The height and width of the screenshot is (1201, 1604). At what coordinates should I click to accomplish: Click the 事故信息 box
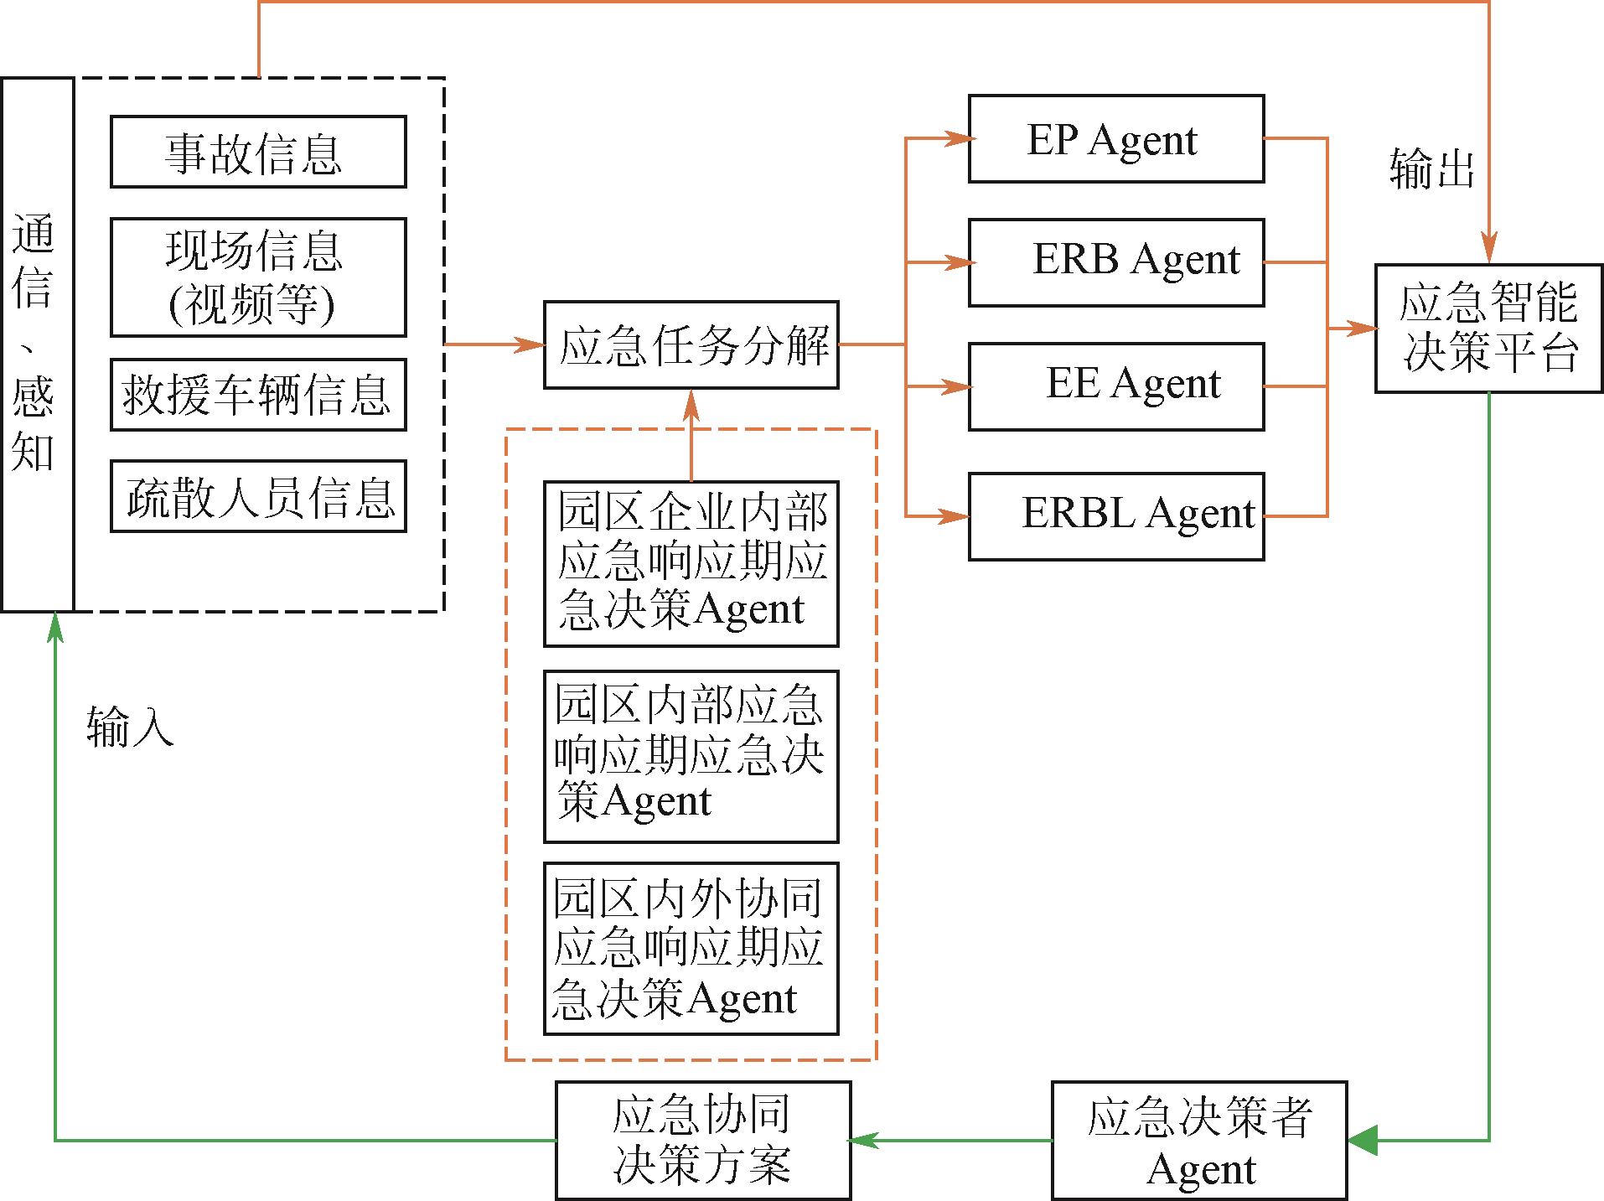(258, 152)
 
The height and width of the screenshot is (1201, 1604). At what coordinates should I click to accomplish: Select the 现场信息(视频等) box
(258, 277)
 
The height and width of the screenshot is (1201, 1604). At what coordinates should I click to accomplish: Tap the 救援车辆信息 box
(258, 395)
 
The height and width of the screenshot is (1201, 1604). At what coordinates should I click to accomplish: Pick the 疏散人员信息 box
(258, 496)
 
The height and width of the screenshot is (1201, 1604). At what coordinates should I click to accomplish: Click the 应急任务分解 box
(691, 344)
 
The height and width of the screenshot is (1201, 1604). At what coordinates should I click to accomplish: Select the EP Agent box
(1116, 139)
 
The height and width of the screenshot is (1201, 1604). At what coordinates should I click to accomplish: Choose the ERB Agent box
(1116, 262)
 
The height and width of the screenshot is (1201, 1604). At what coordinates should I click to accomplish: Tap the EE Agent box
(1116, 386)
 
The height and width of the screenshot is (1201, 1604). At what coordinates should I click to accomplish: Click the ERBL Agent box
(1116, 516)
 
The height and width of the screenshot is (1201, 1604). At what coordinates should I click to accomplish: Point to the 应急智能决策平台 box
(1488, 328)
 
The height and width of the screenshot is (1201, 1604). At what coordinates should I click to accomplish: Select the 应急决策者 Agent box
(1199, 1140)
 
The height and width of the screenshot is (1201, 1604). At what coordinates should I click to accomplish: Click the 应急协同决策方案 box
(703, 1140)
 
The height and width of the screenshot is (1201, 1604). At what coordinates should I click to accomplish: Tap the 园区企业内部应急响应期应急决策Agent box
(691, 563)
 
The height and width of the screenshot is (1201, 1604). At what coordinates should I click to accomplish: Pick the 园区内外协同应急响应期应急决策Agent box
(691, 949)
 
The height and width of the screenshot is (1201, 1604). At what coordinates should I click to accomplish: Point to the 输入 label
(130, 726)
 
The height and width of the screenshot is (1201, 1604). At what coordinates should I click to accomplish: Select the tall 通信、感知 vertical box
(38, 344)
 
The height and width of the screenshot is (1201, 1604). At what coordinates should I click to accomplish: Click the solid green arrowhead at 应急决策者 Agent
(1363, 1140)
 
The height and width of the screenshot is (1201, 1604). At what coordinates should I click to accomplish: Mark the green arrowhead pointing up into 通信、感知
(55, 626)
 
